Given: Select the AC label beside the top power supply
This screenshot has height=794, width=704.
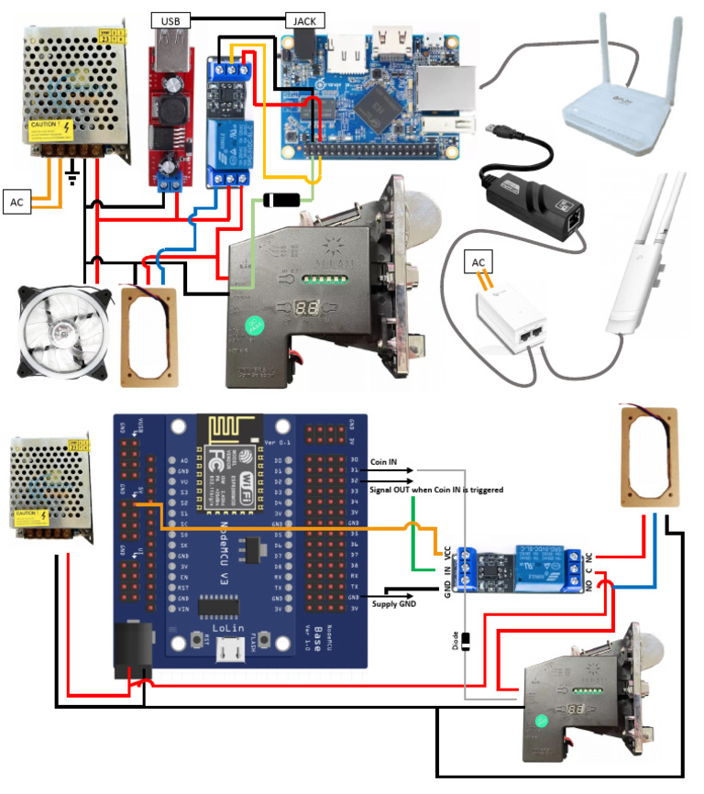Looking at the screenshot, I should click(x=17, y=202).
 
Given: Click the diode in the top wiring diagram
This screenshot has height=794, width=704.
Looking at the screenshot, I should click(x=281, y=199).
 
